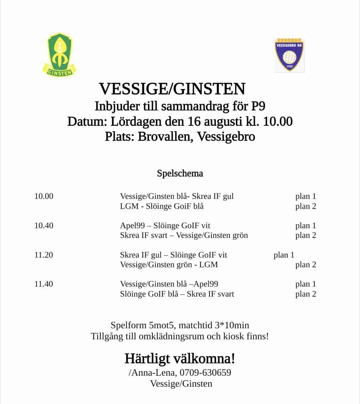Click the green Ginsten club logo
59,55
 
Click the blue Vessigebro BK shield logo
289,55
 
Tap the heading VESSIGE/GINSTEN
172,89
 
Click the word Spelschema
180,173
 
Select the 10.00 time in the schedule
44,196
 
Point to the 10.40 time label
44,226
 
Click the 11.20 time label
44,255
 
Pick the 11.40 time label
44,284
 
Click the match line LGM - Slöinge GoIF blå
162,206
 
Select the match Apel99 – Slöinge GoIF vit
165,226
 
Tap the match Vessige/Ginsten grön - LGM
169,265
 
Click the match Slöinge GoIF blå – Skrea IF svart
177,294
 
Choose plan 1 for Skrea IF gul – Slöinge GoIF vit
284,255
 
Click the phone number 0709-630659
205,372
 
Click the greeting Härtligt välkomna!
180,359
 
